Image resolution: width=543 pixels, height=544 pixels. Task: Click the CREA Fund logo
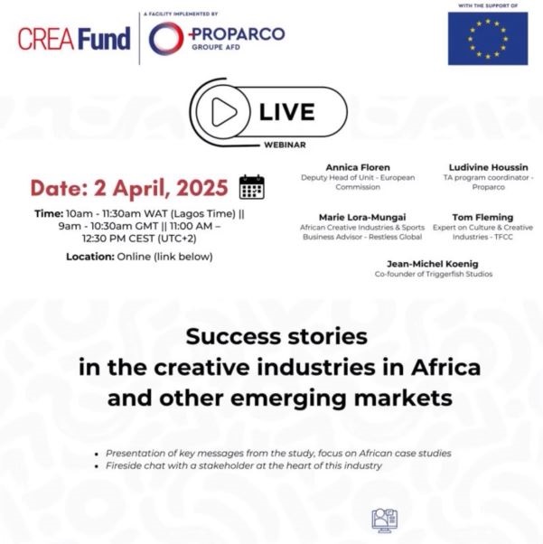click(74, 39)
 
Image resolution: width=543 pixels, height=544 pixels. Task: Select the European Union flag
click(488, 39)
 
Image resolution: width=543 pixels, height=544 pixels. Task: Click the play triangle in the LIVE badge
click(224, 112)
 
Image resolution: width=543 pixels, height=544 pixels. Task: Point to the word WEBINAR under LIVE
click(285, 145)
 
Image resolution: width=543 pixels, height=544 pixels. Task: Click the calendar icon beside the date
click(252, 187)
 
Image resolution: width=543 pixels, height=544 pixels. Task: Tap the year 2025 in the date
click(202, 188)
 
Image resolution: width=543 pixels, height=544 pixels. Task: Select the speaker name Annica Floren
click(358, 167)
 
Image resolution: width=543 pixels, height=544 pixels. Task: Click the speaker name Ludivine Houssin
click(488, 167)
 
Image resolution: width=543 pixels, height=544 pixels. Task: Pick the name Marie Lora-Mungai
click(362, 217)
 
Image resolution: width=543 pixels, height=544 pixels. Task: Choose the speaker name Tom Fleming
click(482, 217)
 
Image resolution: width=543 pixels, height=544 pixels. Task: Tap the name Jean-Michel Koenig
click(432, 264)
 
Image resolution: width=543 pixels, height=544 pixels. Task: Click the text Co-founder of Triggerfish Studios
click(434, 274)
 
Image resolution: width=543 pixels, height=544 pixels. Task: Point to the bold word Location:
click(90, 257)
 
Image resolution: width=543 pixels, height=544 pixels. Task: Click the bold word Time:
click(49, 213)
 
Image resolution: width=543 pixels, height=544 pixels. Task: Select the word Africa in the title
click(445, 368)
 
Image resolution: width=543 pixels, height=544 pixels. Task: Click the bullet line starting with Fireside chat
click(244, 465)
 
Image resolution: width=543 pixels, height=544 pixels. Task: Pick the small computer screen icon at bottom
click(385, 521)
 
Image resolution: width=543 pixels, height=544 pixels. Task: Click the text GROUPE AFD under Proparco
click(216, 47)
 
